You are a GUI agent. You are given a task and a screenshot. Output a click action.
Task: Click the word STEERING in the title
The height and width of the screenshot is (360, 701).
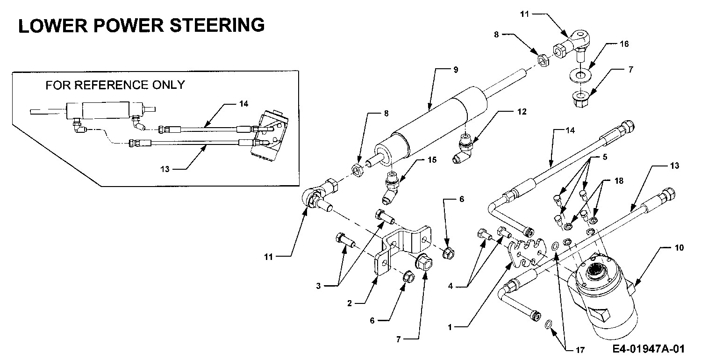(217, 25)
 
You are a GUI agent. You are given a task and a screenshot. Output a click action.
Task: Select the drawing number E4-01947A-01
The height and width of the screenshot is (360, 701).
(649, 349)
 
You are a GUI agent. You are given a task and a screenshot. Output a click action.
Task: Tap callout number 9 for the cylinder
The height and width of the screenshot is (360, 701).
(456, 70)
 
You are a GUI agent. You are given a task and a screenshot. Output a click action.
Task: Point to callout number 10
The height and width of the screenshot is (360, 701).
(679, 248)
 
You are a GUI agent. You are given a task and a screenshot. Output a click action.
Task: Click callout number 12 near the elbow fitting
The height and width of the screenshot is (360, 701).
(522, 111)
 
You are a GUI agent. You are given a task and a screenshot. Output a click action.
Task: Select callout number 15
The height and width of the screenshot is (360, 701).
(432, 159)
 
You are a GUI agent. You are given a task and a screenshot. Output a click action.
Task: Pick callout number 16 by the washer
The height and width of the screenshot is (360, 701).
(624, 43)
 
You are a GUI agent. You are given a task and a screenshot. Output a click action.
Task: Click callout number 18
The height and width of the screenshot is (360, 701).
(619, 180)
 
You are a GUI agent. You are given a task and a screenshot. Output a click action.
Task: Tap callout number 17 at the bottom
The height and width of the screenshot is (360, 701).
(580, 350)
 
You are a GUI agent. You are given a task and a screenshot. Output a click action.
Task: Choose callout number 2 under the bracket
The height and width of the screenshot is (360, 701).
(350, 303)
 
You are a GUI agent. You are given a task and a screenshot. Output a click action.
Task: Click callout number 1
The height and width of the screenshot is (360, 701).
(450, 327)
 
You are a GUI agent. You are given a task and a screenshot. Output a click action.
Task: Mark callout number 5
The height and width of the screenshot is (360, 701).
(605, 157)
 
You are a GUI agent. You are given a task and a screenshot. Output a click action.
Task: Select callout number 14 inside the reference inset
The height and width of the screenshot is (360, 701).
(244, 103)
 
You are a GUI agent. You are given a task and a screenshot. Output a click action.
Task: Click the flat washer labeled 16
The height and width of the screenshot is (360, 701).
(580, 76)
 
